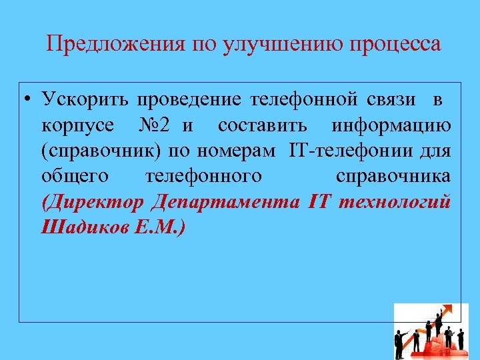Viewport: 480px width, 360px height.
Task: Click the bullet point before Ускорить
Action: [x=25, y=101]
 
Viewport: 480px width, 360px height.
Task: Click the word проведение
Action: [x=189, y=101]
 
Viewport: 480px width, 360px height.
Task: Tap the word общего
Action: [x=71, y=177]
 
